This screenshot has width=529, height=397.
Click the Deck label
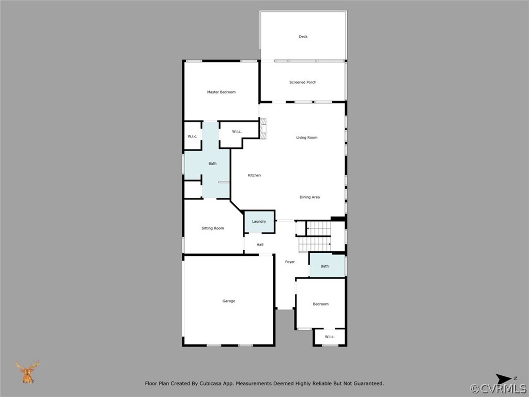pyautogui.click(x=303, y=37)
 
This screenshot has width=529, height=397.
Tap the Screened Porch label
pyautogui.click(x=303, y=82)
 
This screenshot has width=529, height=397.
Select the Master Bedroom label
pyautogui.click(x=221, y=92)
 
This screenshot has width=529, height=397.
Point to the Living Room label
pyautogui.click(x=307, y=138)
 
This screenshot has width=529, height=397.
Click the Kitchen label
pyautogui.click(x=254, y=175)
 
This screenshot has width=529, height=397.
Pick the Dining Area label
pyautogui.click(x=309, y=197)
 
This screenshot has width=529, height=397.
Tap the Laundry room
pyautogui.click(x=259, y=222)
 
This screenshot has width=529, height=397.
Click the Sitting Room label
pyautogui.click(x=212, y=228)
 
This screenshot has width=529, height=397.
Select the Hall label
pyautogui.click(x=260, y=245)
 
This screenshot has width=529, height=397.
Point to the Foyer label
pyautogui.click(x=290, y=262)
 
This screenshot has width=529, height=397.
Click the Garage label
pyautogui.click(x=228, y=301)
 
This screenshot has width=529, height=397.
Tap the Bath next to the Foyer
pyautogui.click(x=324, y=266)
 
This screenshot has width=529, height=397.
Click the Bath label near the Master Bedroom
pyautogui.click(x=212, y=163)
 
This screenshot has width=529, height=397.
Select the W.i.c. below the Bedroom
pyautogui.click(x=330, y=337)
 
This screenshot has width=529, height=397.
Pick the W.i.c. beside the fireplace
pyautogui.click(x=237, y=131)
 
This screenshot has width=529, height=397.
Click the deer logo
pyautogui.click(x=27, y=372)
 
